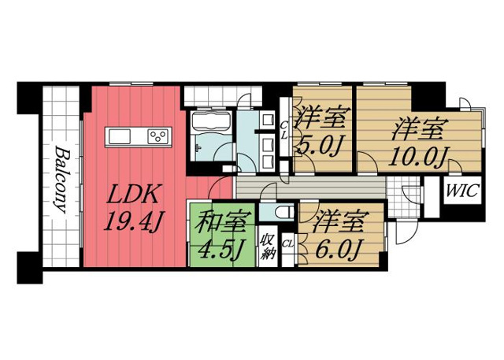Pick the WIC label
461,191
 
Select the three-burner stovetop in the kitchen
158,137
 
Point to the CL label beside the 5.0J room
284,129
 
